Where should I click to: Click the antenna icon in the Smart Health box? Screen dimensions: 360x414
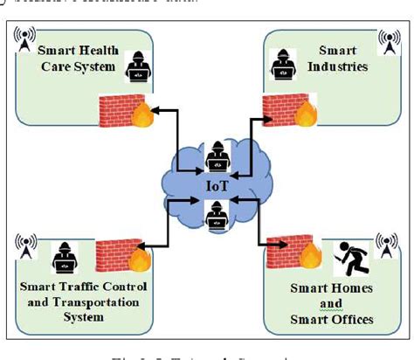click(24, 38)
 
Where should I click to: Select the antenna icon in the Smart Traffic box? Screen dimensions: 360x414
click(24, 246)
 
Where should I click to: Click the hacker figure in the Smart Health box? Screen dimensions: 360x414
click(137, 66)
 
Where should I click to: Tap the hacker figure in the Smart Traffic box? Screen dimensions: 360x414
click(64, 259)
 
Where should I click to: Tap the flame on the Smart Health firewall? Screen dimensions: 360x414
click(141, 115)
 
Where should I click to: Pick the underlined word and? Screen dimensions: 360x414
click(331, 305)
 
